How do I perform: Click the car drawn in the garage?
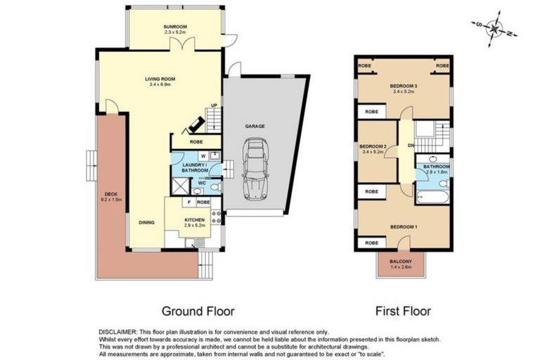click(255, 169)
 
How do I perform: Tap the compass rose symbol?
click(494, 29)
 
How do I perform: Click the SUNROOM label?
click(175, 27)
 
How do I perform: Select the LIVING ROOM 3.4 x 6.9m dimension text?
click(160, 84)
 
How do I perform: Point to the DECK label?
click(111, 194)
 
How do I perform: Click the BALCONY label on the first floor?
click(401, 262)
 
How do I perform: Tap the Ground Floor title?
click(198, 311)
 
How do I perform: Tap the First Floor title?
click(403, 311)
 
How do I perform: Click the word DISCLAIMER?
click(118, 333)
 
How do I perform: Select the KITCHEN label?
click(195, 220)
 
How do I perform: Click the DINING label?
click(147, 223)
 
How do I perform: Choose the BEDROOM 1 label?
click(404, 227)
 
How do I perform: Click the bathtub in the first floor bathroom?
click(432, 198)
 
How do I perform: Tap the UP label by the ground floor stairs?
click(214, 105)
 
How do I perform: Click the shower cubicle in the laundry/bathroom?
click(181, 186)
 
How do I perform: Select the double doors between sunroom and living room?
click(183, 44)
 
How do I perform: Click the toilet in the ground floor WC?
click(215, 188)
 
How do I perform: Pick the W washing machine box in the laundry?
click(203, 156)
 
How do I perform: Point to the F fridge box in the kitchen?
click(189, 202)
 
